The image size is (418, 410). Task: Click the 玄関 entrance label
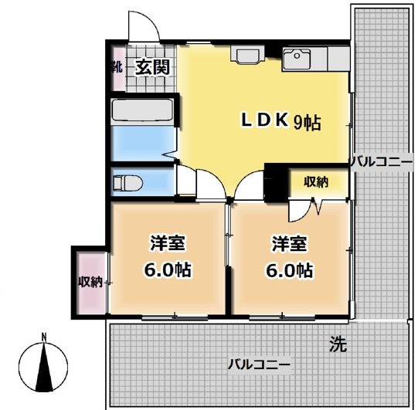pyautogui.click(x=153, y=67)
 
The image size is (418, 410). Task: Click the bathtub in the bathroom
pyautogui.click(x=144, y=110)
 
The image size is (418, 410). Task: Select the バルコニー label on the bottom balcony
pyautogui.click(x=259, y=364)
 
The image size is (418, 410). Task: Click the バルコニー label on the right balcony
pyautogui.click(x=378, y=162)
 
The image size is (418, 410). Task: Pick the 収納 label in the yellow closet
pyautogui.click(x=315, y=182)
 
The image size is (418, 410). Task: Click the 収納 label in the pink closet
pyautogui.click(x=90, y=282)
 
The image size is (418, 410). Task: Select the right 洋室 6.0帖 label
pyautogui.click(x=289, y=258)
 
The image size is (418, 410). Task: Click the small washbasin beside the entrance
pyautogui.click(x=248, y=55)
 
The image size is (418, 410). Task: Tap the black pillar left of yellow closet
pyautogui.click(x=274, y=182)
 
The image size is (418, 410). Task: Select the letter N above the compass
pyautogui.click(x=45, y=337)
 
